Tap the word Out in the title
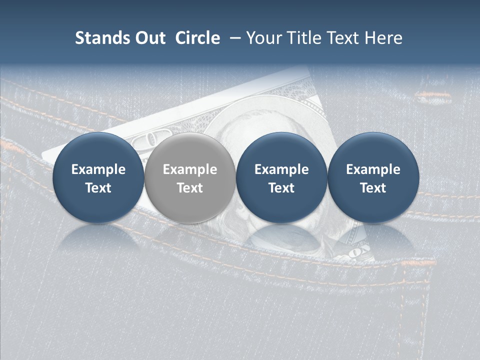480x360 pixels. (x=148, y=38)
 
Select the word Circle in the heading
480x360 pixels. (x=197, y=38)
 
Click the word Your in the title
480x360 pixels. (x=263, y=38)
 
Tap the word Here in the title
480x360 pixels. (x=383, y=38)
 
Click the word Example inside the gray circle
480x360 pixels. (x=190, y=169)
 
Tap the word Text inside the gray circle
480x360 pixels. (x=190, y=188)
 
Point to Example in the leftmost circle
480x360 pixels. (x=98, y=169)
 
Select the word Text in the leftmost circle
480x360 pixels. (x=98, y=188)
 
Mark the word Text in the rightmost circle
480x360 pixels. (x=373, y=188)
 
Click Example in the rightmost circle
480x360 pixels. (x=373, y=169)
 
